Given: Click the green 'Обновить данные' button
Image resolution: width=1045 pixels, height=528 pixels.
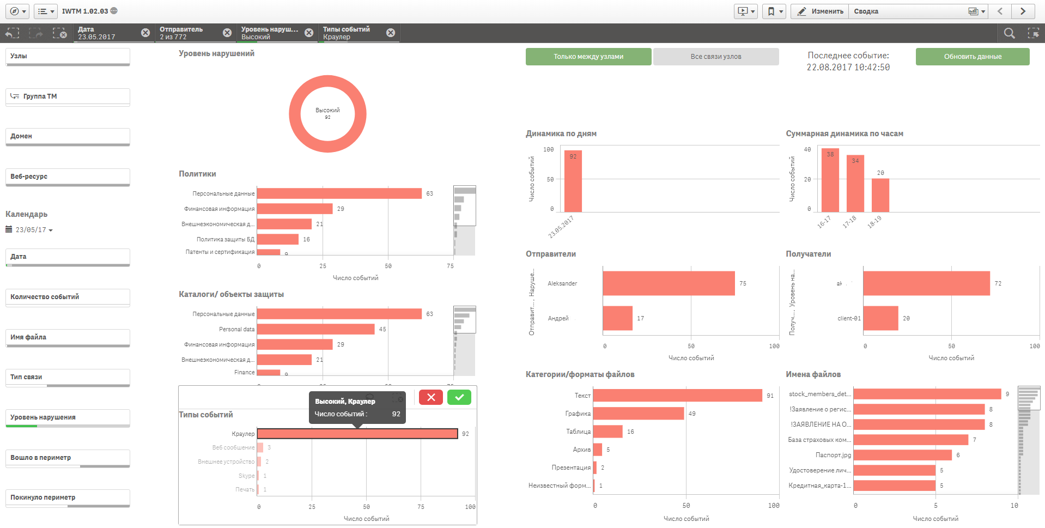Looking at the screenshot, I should click(x=972, y=57).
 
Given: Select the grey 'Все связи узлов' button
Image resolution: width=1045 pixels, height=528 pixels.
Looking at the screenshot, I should click(x=715, y=57).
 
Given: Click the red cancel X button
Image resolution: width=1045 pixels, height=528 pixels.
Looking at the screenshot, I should click(x=430, y=397).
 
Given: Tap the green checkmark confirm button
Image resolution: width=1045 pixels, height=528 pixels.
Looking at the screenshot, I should click(x=459, y=397).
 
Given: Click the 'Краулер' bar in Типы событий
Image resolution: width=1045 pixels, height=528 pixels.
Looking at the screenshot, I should click(x=357, y=434).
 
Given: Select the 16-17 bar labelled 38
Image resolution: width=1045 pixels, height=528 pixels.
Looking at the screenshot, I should click(x=830, y=180).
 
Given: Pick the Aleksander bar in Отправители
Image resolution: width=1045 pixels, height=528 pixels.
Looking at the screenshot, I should click(x=669, y=283).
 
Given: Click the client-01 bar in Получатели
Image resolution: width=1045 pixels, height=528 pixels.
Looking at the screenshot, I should click(x=880, y=318).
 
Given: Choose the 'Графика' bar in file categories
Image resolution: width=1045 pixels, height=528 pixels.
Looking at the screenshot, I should click(x=638, y=414).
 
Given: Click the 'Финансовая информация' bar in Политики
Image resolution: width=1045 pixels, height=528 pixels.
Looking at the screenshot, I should click(x=294, y=209).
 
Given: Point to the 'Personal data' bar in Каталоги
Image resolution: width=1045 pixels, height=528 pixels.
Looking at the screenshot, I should click(x=315, y=329).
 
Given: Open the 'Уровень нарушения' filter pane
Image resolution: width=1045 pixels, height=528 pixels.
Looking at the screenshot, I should click(x=68, y=417).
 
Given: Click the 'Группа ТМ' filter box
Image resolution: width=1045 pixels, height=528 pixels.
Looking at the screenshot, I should click(x=68, y=96).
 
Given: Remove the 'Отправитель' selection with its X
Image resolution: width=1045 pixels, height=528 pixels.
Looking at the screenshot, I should click(x=227, y=33).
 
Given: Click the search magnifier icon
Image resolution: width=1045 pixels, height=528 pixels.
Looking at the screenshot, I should click(x=1009, y=33).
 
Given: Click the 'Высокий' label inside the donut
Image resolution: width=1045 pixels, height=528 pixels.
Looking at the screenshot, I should click(x=327, y=110).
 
